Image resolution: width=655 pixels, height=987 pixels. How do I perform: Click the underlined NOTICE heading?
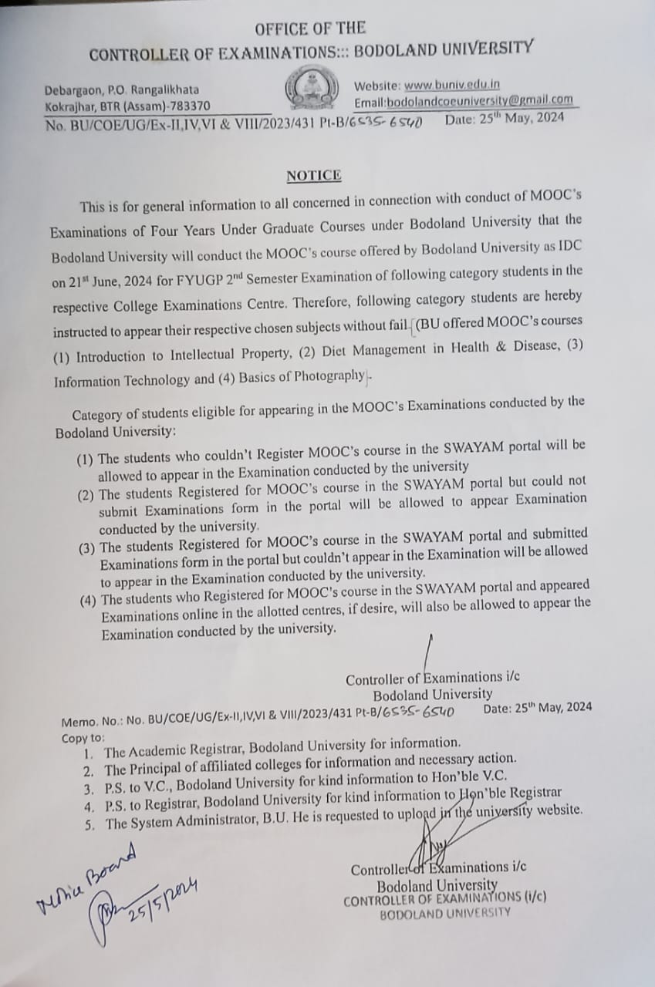313,176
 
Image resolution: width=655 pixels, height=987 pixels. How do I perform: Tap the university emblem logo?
312,89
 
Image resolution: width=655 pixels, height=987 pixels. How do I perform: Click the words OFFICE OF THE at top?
310,29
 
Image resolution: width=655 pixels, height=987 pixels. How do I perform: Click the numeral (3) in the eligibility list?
86,549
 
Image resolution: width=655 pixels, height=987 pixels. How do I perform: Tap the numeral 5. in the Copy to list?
90,824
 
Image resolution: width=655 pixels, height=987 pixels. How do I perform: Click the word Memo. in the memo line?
78,723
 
